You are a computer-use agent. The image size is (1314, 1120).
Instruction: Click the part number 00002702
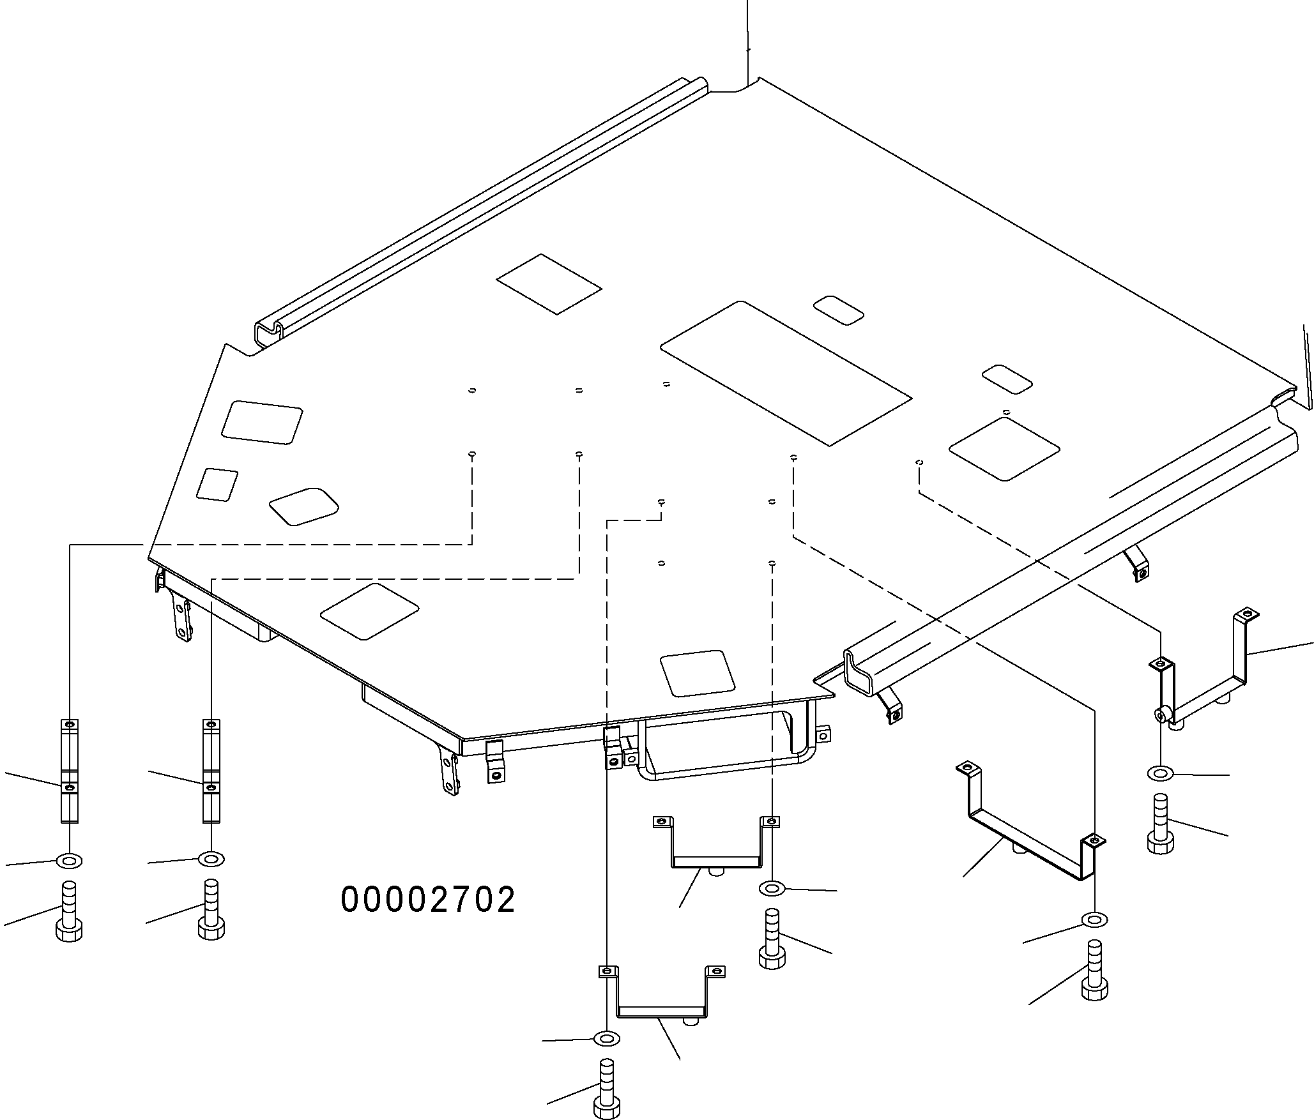tap(428, 900)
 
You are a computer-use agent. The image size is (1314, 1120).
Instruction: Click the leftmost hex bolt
tap(70, 911)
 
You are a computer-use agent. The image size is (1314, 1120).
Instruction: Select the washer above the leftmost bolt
tap(70, 861)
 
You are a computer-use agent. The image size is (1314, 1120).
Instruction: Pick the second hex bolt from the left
tap(211, 910)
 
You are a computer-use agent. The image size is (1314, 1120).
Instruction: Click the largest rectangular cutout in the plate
tap(786, 372)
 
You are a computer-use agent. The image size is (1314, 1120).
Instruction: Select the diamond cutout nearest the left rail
tap(549, 284)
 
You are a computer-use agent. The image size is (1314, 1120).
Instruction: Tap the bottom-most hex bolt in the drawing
tap(607, 1089)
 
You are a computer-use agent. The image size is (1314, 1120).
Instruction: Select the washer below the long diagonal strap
tap(1094, 919)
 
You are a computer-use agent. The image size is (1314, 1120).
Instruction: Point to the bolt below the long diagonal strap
tap(1094, 969)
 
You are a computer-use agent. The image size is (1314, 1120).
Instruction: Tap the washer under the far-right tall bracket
tap(1161, 774)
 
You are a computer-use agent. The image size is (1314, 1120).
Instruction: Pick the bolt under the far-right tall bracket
tap(1161, 823)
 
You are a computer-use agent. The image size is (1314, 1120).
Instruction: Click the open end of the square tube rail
tap(862, 670)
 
